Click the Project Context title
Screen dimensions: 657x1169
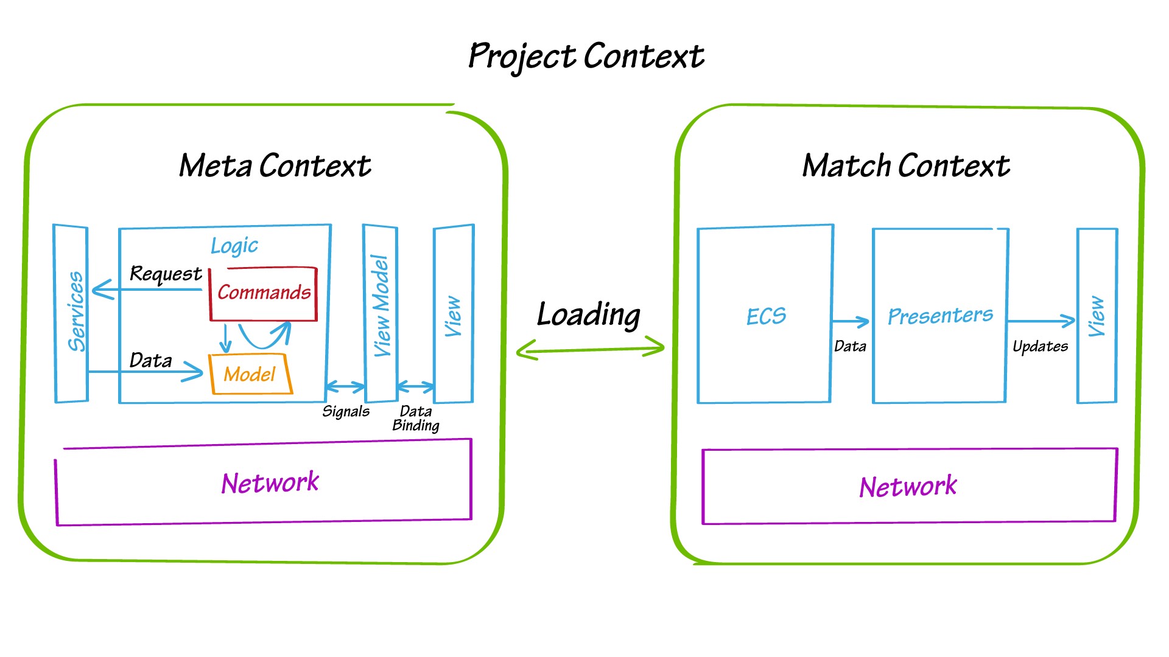click(x=586, y=57)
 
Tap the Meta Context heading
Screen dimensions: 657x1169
click(x=275, y=165)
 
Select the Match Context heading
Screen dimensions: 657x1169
click(x=905, y=165)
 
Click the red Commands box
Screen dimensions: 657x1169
click(x=264, y=294)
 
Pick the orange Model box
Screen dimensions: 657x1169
click(x=250, y=374)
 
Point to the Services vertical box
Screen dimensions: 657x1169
click(x=72, y=313)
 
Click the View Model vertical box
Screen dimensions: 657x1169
click(x=381, y=313)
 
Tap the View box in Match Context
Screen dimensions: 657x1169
click(x=1097, y=316)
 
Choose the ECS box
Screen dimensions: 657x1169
click(x=765, y=316)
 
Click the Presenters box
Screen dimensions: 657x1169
click(x=939, y=316)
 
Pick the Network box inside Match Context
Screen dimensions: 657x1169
click(x=908, y=486)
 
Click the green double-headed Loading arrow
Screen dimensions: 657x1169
click(x=589, y=349)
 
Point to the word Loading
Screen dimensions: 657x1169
click(x=588, y=315)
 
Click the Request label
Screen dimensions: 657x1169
click(x=166, y=274)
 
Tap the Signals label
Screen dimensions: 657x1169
click(x=346, y=412)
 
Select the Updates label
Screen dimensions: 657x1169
click(x=1040, y=347)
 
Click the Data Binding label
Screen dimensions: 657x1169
click(x=416, y=419)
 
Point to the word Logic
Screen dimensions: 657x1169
click(x=234, y=245)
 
